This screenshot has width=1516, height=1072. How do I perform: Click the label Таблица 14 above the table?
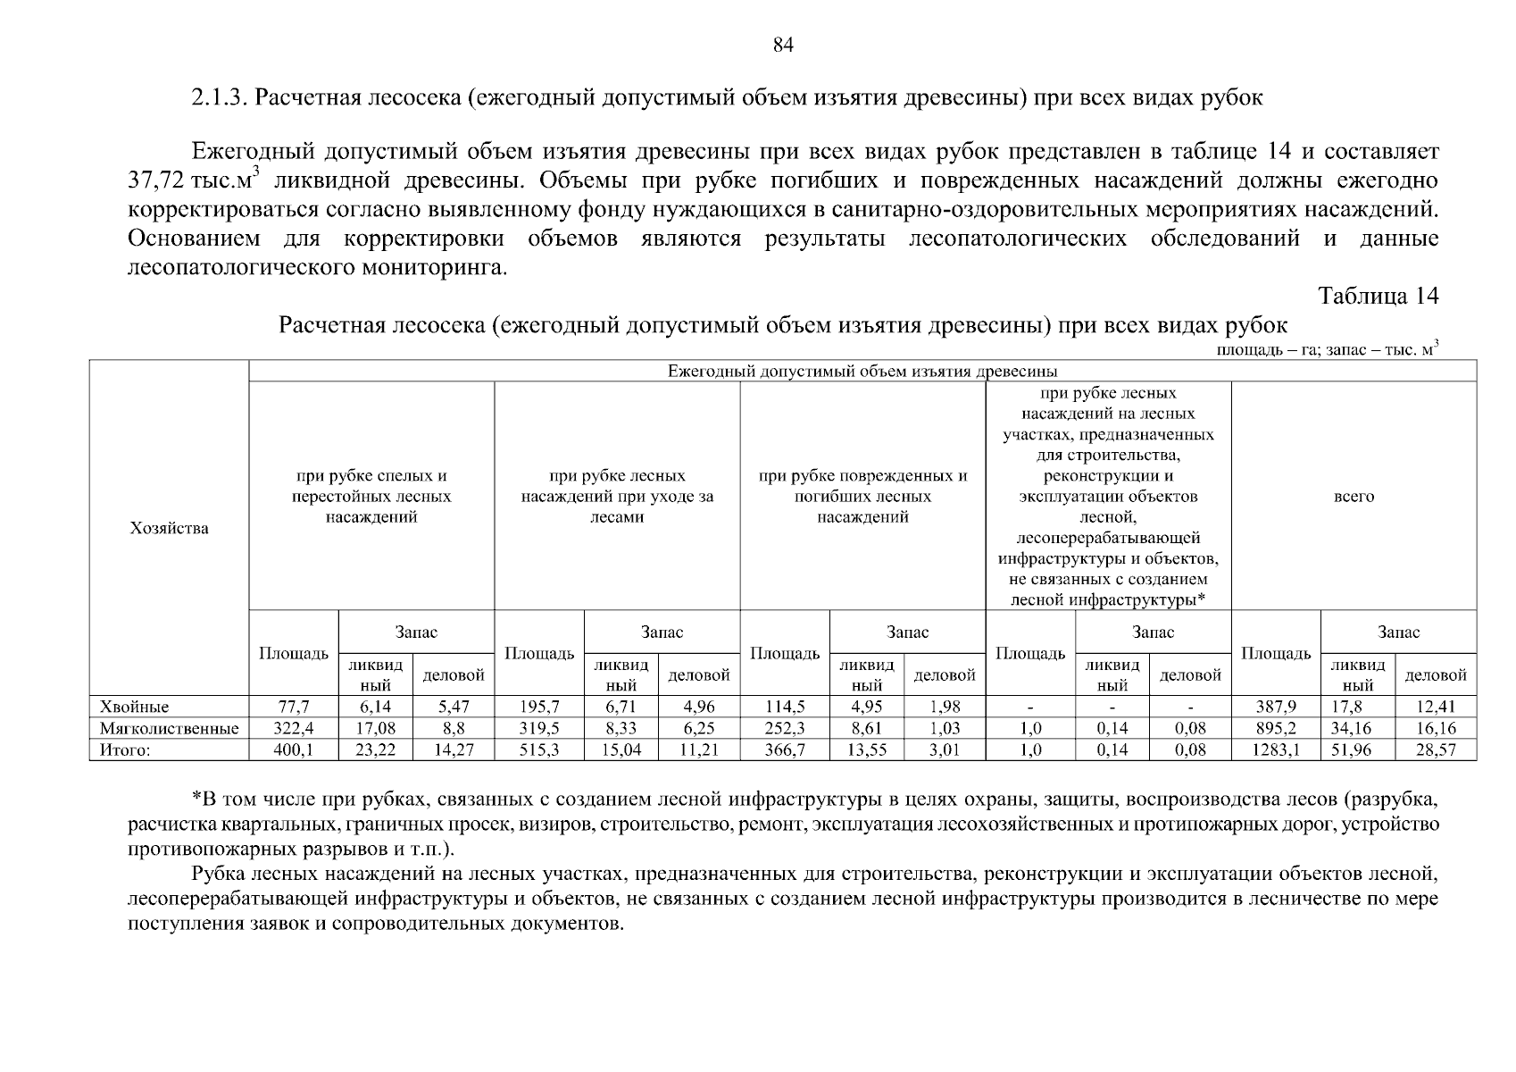[1378, 297]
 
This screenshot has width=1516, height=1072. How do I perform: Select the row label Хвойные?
[134, 707]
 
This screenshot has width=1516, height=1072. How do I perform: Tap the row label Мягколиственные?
[169, 728]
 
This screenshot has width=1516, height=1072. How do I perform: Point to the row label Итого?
[124, 750]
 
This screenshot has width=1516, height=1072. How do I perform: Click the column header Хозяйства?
[169, 528]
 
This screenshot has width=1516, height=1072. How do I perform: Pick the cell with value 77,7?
[294, 707]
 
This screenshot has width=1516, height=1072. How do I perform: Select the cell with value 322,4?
[294, 728]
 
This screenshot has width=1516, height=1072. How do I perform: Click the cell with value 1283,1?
[1275, 750]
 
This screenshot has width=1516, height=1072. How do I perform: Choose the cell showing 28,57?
[1435, 750]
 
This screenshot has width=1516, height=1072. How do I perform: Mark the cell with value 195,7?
[539, 707]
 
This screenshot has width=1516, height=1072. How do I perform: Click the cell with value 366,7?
[785, 750]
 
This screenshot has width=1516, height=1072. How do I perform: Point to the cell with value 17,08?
[375, 728]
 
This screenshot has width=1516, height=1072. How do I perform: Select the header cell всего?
[1354, 497]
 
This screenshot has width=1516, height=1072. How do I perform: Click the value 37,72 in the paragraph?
[156, 181]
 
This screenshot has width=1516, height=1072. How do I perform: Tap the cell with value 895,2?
[1275, 728]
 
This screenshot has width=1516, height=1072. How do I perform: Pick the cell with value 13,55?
[866, 750]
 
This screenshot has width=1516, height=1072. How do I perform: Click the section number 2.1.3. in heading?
[219, 97]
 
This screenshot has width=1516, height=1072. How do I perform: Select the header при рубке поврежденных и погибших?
[862, 497]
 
